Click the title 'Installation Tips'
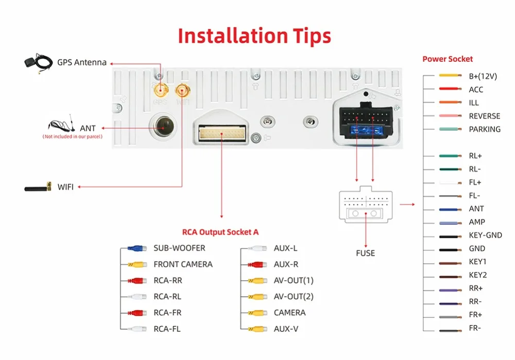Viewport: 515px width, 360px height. [x=254, y=36]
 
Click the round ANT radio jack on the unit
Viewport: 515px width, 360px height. [x=162, y=125]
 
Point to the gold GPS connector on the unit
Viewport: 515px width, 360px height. [x=160, y=92]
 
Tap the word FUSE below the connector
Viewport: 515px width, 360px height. [x=365, y=253]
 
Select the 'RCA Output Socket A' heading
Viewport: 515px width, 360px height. [x=220, y=232]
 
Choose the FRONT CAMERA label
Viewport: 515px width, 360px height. [x=183, y=264]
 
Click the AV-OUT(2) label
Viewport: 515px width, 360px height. [x=294, y=297]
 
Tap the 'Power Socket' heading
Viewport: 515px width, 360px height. [x=447, y=59]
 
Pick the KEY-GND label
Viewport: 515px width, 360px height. [x=485, y=235]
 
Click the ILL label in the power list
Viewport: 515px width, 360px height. [x=474, y=102]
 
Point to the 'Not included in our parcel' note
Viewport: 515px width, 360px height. [x=72, y=137]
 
